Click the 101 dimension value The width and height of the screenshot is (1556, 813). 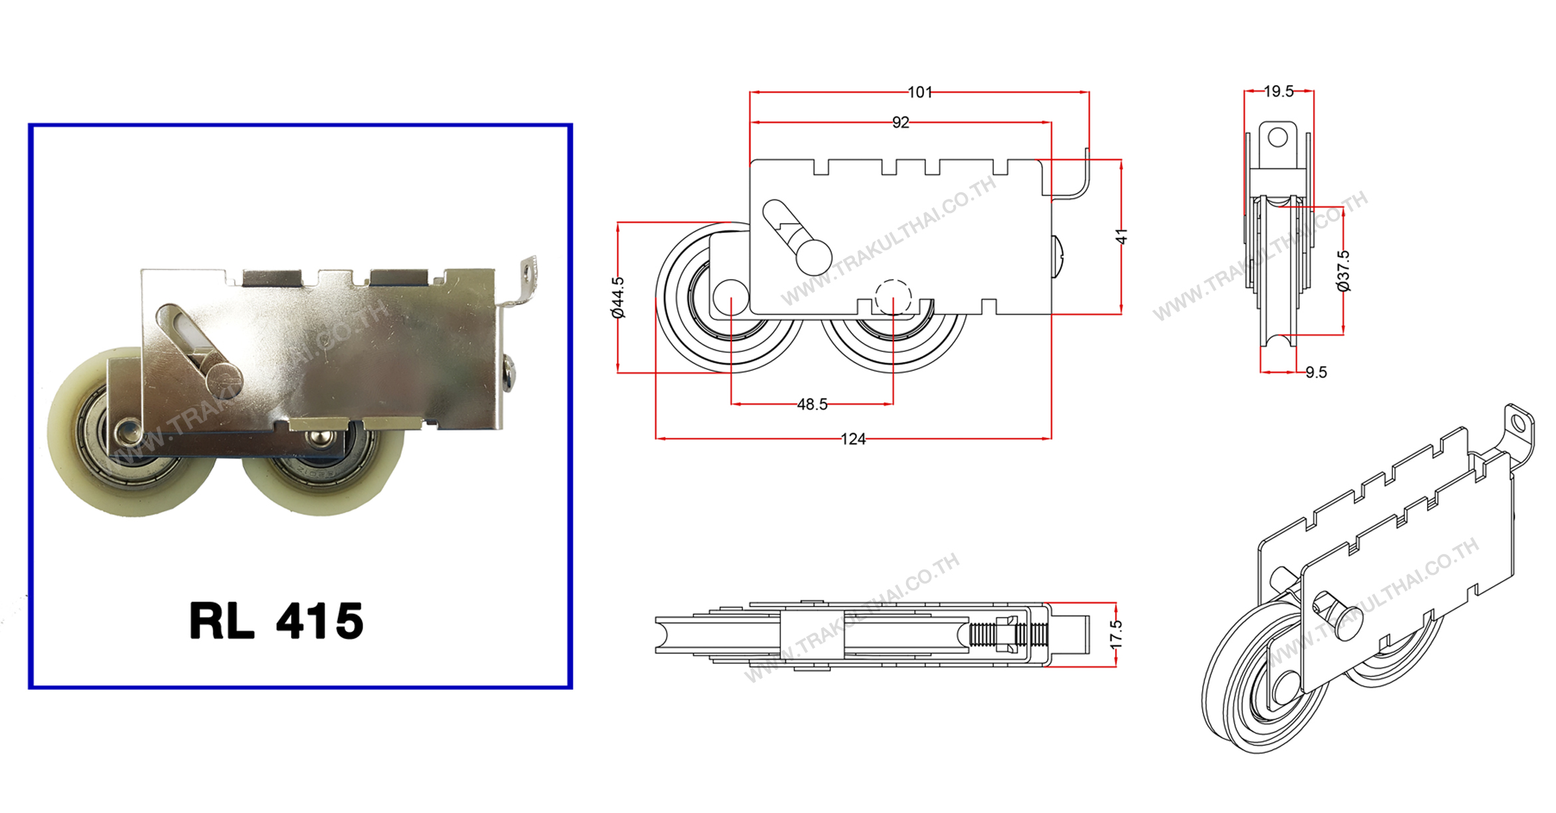pyautogui.click(x=920, y=92)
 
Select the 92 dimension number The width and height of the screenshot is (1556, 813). pyautogui.click(x=900, y=122)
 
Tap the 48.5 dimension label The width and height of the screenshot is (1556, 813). pyautogui.click(x=812, y=405)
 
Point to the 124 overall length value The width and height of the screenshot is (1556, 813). pyautogui.click(x=853, y=439)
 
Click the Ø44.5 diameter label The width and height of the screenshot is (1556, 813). pyautogui.click(x=618, y=297)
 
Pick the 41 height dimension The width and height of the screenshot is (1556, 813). pyautogui.click(x=1122, y=236)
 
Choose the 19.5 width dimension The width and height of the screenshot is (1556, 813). pyautogui.click(x=1279, y=92)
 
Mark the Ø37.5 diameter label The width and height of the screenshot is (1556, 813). pyautogui.click(x=1344, y=271)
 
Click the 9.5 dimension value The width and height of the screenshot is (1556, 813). pyautogui.click(x=1316, y=373)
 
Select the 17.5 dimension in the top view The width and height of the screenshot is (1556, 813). pyautogui.click(x=1116, y=634)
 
